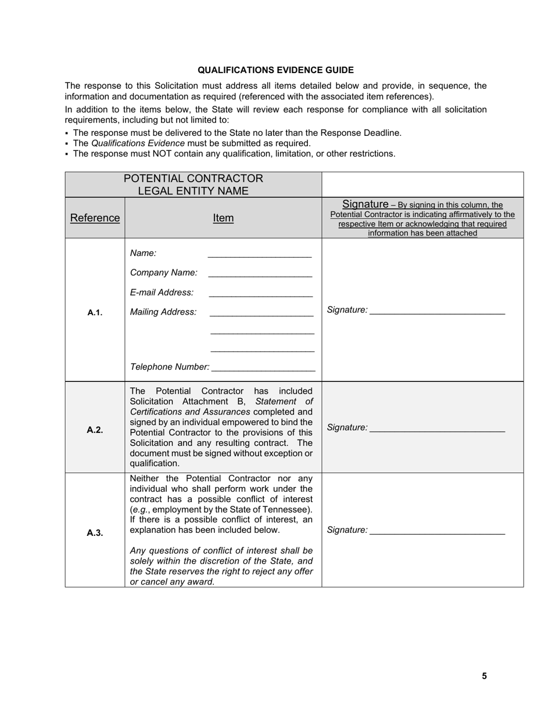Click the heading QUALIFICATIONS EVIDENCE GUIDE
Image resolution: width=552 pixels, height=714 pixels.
click(x=275, y=70)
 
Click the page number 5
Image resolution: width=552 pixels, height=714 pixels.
click(x=484, y=676)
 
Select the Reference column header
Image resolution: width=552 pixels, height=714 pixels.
click(x=95, y=218)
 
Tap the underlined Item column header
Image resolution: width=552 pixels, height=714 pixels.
click(x=223, y=218)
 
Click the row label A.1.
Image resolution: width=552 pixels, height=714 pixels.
click(x=95, y=313)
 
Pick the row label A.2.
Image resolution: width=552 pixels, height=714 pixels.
click(x=95, y=430)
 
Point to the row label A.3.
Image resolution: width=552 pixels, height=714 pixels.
click(x=95, y=533)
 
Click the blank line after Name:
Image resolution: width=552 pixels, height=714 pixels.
click(x=259, y=255)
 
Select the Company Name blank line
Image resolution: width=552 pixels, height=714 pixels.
click(x=260, y=275)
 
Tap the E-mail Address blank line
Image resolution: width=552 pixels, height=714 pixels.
click(x=260, y=295)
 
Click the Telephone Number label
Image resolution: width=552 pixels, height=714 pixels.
click(x=169, y=367)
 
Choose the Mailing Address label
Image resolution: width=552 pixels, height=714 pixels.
click(x=163, y=312)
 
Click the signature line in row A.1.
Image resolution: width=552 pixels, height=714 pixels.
click(x=437, y=313)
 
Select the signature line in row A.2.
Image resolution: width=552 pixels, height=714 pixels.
click(x=437, y=431)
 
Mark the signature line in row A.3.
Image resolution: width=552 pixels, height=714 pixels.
click(x=437, y=533)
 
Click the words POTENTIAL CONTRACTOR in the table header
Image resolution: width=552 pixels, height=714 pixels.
click(x=193, y=179)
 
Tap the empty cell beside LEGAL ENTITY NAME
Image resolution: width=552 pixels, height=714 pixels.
click(x=422, y=185)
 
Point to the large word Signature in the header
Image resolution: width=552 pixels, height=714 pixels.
click(x=365, y=204)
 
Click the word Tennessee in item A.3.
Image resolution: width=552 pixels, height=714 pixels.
click(x=287, y=510)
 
